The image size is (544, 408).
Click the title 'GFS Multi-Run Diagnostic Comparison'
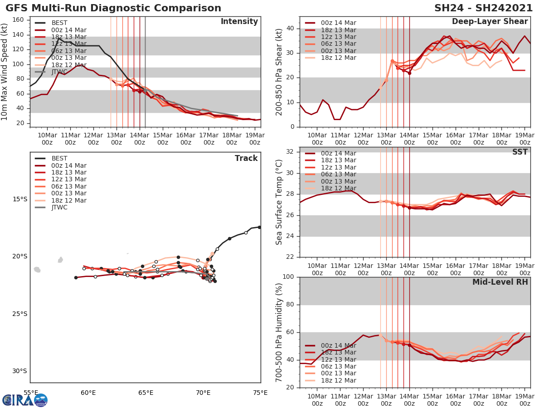pos(113,8)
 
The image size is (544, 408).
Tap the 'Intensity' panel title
pos(239,22)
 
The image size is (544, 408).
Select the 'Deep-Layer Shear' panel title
pos(490,22)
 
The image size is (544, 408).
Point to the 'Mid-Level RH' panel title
pos(500,282)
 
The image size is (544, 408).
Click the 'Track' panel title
pos(246,158)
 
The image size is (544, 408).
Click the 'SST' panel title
pos(520,152)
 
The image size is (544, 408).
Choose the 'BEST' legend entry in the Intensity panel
pos(59,23)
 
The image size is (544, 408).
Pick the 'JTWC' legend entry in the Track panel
pos(59,208)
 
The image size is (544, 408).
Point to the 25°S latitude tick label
pos(19,314)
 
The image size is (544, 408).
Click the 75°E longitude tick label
pos(260,393)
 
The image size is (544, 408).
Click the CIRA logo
pos(25,400)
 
